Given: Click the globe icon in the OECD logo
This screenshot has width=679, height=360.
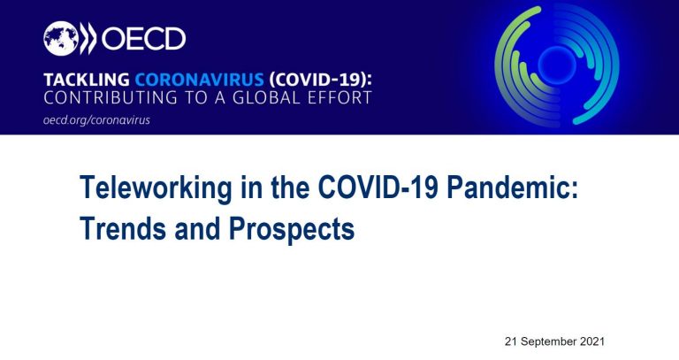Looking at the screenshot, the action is click(x=61, y=38).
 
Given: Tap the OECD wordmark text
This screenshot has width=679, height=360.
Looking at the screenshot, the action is click(x=143, y=39).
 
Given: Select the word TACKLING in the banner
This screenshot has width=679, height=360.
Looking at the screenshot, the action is click(x=86, y=80).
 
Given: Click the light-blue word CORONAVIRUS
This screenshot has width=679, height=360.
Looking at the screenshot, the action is click(x=199, y=80).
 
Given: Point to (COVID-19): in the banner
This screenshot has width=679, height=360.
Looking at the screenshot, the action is click(x=320, y=80).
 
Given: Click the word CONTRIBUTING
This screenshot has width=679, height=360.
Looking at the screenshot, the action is click(x=111, y=97).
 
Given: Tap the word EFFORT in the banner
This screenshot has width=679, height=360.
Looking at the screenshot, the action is click(x=339, y=97).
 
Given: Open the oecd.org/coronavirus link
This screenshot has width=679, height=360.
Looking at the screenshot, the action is click(x=96, y=120).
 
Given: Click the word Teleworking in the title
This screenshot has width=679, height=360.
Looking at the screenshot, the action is click(x=156, y=188).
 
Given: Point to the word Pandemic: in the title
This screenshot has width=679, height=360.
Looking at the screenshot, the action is click(x=513, y=188).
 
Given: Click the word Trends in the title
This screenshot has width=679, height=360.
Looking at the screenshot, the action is click(x=123, y=228).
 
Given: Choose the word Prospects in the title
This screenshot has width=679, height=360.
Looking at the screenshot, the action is click(x=292, y=230).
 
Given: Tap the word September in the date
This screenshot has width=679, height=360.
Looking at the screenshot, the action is click(x=552, y=341).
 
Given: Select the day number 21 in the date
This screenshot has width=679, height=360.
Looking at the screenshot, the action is click(x=511, y=341).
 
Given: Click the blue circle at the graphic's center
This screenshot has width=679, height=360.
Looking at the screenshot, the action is click(x=557, y=65).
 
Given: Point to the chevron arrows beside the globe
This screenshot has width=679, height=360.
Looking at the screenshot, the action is click(x=88, y=38).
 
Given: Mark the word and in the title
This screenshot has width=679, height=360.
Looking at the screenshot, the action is click(x=197, y=228).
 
